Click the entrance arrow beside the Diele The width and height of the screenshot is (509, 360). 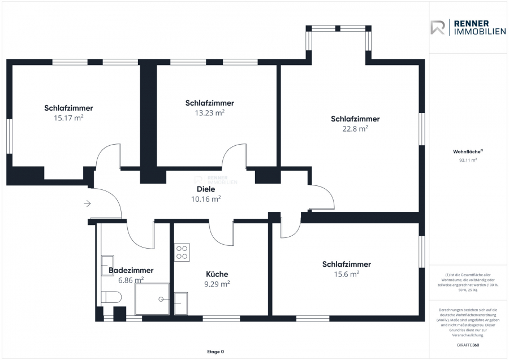pos(87,203)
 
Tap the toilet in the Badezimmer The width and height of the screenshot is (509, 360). pos(111,297)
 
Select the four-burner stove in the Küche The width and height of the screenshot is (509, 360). pos(182,252)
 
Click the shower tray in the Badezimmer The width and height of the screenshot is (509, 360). pos(152,299)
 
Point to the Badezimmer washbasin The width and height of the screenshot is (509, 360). pos(107,265)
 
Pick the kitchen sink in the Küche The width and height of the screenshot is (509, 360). pos(181,303)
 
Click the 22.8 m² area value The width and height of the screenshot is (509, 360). pos(355,129)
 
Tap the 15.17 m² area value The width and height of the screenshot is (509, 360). pos(68,118)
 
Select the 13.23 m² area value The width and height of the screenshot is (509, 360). pos(210,113)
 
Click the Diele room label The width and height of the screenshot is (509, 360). pos(206,189)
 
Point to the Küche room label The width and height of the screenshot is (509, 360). pos(217,274)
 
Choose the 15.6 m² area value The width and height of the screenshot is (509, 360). pos(346,274)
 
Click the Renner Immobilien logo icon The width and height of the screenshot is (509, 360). pos(438,27)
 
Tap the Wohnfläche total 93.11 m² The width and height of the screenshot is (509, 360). pos(468,160)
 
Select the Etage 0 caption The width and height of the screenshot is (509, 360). pos(215,352)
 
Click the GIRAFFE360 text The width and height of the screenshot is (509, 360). pos(468,345)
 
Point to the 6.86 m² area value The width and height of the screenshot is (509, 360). pos(131,280)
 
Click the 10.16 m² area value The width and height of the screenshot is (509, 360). pos(206,199)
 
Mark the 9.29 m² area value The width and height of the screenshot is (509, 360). pos(217,284)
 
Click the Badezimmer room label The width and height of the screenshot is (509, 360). pos(131,270)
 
